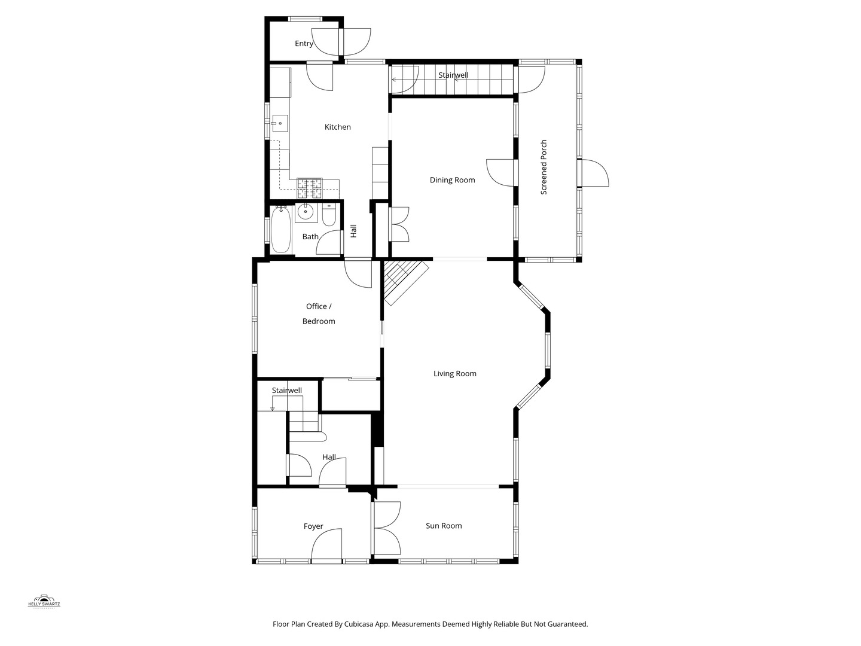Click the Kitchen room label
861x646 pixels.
[338, 127]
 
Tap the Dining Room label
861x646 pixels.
[452, 180]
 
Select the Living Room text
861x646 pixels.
[455, 374]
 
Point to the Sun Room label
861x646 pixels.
[444, 526]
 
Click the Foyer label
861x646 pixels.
[313, 526]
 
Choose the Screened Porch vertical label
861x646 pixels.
[544, 167]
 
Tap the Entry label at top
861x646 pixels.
[304, 44]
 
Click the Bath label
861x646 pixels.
[310, 237]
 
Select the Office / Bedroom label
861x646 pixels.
[318, 314]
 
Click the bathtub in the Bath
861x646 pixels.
[280, 230]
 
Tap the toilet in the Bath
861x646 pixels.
[329, 215]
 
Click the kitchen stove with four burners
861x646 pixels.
[310, 188]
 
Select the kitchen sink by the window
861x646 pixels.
[280, 123]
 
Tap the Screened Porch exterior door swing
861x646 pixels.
[594, 173]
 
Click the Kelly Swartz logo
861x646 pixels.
[44, 602]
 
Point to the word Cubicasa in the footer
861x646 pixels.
[359, 624]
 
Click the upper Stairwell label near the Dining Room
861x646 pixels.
[453, 75]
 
